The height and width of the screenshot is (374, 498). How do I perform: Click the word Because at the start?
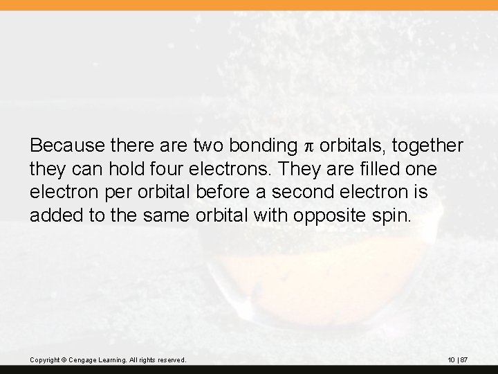[x=62, y=146]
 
